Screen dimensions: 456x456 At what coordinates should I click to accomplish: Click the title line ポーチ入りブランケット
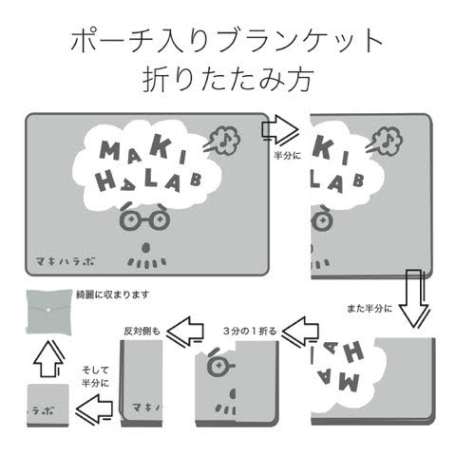[x=227, y=40]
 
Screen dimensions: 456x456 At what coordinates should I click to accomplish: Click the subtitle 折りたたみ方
[x=228, y=79]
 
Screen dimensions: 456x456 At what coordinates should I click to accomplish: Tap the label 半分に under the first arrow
[x=288, y=156]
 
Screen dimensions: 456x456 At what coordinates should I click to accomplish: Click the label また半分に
[x=370, y=308]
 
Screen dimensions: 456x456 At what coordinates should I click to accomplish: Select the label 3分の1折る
[x=250, y=332]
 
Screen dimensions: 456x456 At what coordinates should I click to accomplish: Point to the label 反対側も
[x=142, y=332]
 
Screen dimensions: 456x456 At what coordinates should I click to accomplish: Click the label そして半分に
[x=95, y=376]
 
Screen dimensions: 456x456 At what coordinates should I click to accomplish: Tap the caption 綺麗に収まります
[x=113, y=294]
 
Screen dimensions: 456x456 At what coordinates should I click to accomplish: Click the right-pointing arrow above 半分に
[x=280, y=130]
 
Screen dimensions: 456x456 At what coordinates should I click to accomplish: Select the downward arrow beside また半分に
[x=414, y=298]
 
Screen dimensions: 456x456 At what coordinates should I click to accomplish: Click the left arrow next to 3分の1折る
[x=300, y=331]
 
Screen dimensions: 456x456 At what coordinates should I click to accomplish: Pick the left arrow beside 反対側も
[x=185, y=331]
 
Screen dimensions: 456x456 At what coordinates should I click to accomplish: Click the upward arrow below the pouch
[x=48, y=359]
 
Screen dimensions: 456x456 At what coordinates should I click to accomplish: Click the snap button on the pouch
[x=48, y=311]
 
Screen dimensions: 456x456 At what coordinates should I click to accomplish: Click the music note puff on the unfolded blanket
[x=222, y=139]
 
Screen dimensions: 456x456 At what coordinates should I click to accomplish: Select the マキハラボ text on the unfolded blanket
[x=66, y=261]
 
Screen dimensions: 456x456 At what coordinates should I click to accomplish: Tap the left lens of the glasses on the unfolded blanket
[x=130, y=219]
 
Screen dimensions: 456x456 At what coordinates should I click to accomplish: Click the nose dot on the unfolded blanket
[x=145, y=248]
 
